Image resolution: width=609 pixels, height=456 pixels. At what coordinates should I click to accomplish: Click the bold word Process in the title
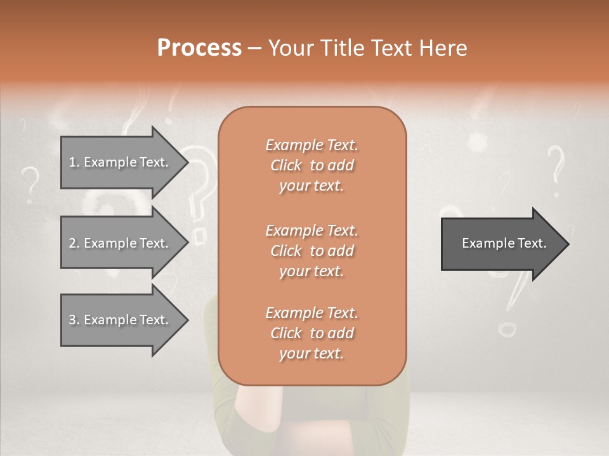(199, 47)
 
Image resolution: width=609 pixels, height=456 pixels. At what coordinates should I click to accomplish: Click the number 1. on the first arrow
(74, 162)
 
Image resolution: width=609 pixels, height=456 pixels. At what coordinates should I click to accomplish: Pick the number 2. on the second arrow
(74, 243)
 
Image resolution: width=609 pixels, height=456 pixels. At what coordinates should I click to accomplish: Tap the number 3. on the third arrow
(74, 320)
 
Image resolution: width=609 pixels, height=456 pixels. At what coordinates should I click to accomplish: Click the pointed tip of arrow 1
(187, 162)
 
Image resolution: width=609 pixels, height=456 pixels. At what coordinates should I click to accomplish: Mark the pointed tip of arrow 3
(187, 320)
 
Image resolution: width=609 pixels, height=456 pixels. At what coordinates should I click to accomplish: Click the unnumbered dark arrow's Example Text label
(504, 243)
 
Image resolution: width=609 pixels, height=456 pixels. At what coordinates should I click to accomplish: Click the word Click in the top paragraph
(286, 165)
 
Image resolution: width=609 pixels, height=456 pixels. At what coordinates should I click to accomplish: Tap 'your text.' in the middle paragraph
(311, 271)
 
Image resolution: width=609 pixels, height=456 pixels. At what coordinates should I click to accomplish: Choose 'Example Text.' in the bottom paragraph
(311, 313)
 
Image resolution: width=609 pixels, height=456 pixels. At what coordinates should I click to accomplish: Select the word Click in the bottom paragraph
(286, 333)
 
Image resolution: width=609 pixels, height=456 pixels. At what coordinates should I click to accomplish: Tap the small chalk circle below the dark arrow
(507, 329)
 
